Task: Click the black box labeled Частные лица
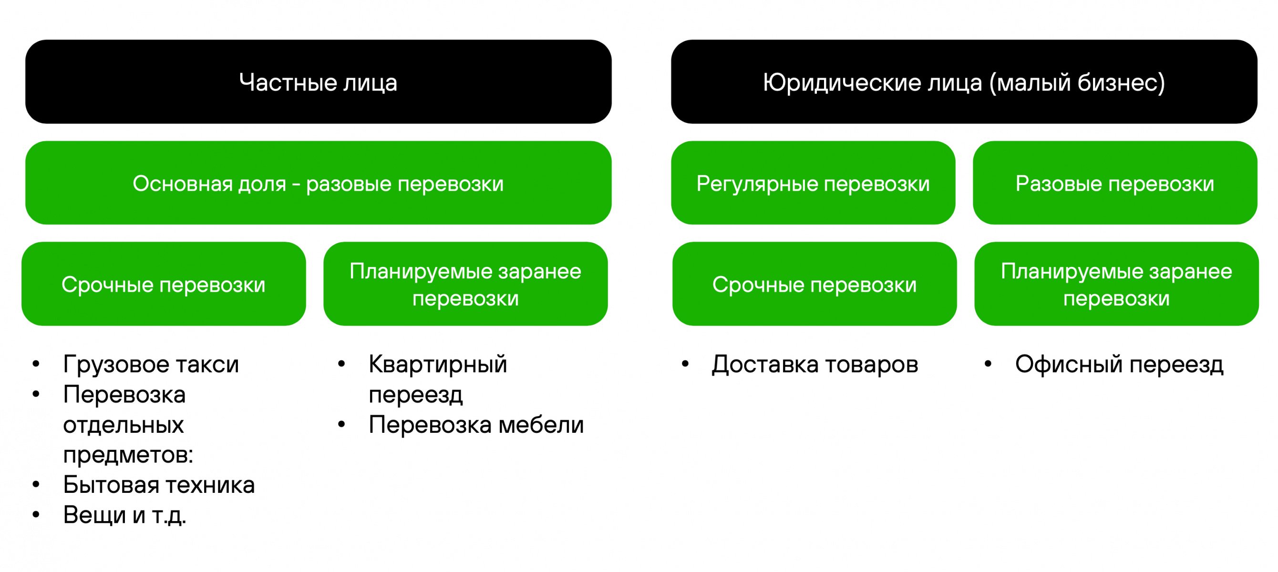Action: click(x=318, y=82)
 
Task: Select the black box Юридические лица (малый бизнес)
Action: click(x=964, y=82)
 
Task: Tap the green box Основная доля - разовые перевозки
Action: click(x=318, y=183)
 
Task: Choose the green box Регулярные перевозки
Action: click(x=813, y=183)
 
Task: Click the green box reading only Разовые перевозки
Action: click(x=1115, y=183)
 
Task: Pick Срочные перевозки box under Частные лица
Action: click(x=164, y=284)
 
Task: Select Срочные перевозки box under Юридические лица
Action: click(x=814, y=284)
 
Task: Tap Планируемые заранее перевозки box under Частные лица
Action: click(x=465, y=284)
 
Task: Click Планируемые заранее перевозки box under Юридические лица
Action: click(x=1116, y=284)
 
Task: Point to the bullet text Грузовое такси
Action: click(x=151, y=365)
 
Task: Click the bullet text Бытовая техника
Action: click(x=159, y=485)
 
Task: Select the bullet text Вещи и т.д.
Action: click(x=124, y=515)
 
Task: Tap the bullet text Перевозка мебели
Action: click(x=476, y=425)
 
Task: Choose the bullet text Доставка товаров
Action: click(x=814, y=365)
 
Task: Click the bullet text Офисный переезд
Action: click(x=1119, y=365)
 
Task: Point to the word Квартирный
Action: click(x=438, y=365)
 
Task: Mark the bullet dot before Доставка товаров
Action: click(x=685, y=364)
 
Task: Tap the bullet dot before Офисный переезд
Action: click(x=988, y=364)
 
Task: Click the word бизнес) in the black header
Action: click(x=1121, y=82)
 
